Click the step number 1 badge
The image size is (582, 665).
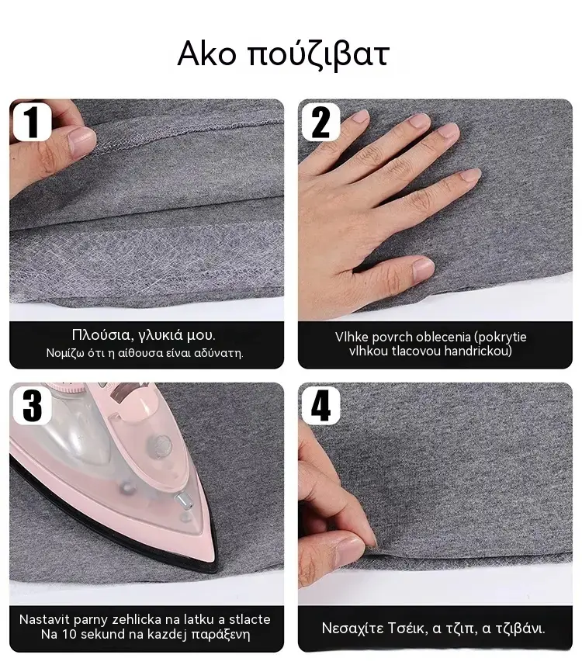click(x=32, y=122)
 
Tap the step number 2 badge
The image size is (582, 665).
click(x=320, y=122)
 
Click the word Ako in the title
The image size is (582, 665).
click(x=206, y=54)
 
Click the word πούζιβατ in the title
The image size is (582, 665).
click(x=318, y=56)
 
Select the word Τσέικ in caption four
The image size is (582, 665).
click(x=407, y=628)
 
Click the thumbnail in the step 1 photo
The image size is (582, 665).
click(x=82, y=142)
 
